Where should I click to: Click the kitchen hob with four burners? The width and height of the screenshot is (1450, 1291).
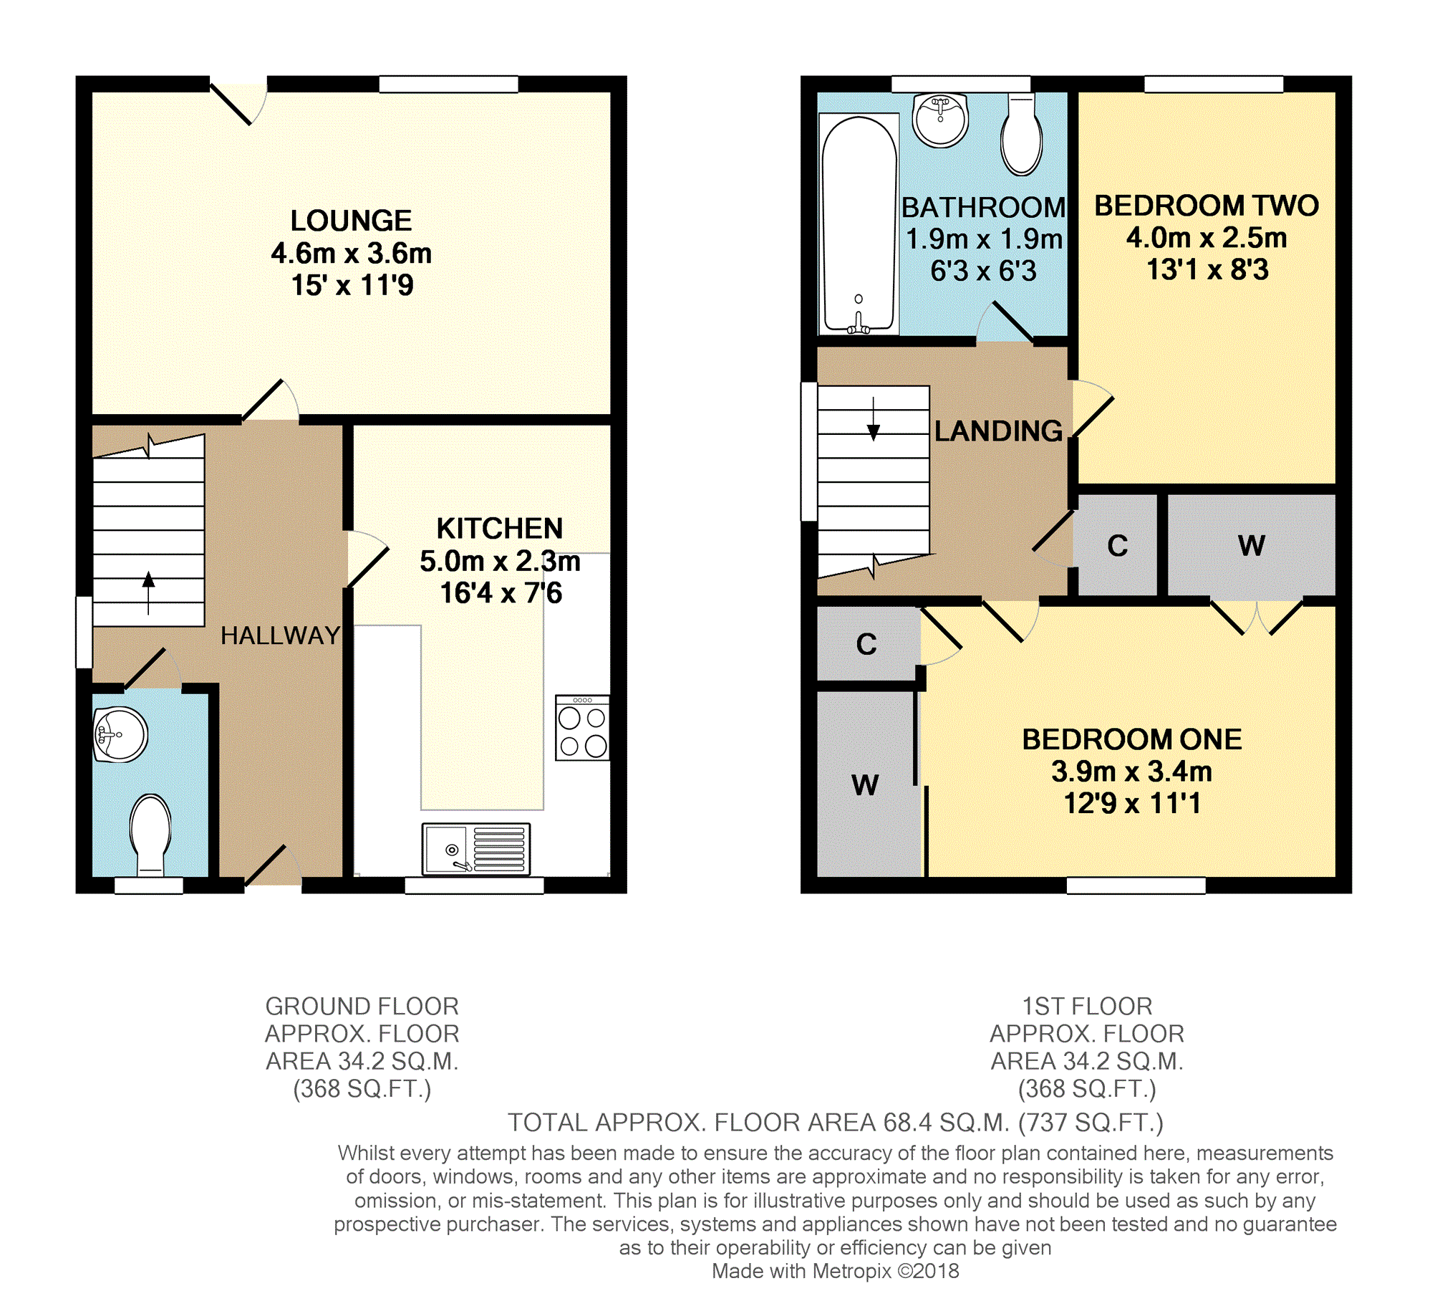point(582,727)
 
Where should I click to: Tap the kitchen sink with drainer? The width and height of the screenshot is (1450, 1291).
point(476,849)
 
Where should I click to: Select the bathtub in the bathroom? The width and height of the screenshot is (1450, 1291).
point(859,224)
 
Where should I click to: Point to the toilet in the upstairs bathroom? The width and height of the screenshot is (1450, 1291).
point(1021,135)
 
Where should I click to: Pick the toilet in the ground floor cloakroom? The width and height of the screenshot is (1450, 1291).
point(150,835)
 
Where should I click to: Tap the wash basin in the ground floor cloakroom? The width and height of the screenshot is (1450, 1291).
point(120,735)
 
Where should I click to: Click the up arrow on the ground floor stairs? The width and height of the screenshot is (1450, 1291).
point(148,592)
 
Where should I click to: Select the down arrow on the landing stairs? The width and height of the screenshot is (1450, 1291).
point(873,419)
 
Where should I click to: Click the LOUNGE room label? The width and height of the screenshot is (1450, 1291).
point(351,221)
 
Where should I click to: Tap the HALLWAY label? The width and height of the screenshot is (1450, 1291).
point(280,635)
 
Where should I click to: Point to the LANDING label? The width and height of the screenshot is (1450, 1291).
point(998,431)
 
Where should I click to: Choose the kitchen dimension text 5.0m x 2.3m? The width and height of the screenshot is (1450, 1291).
point(500,561)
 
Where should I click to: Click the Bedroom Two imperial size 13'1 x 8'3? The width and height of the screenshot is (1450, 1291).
point(1207,269)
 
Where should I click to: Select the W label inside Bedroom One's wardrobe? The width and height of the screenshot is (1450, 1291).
point(865,785)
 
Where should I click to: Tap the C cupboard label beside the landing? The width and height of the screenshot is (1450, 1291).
point(1117,546)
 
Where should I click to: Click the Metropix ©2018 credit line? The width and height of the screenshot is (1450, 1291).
point(835,1271)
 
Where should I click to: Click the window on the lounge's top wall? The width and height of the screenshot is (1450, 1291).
point(448,85)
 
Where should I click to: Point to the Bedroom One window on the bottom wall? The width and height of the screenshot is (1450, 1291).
point(1136,886)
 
